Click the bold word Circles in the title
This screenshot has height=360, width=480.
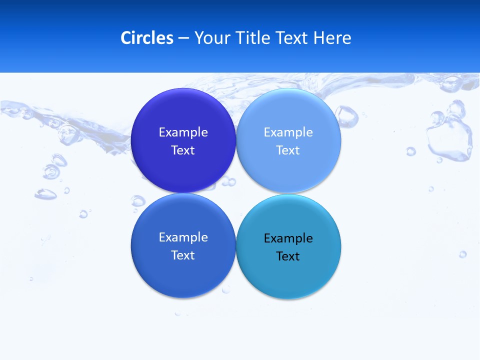[146, 38]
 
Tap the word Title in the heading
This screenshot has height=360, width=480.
[254, 38]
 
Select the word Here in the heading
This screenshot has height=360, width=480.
[332, 38]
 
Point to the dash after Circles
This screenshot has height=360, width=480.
[183, 38]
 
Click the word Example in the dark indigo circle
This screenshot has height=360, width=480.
[183, 132]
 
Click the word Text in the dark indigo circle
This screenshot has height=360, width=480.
[183, 150]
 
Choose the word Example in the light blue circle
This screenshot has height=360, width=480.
[288, 132]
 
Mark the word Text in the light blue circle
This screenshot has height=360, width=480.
[288, 150]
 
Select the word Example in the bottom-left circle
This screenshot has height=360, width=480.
[183, 237]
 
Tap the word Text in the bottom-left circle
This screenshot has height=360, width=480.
[183, 255]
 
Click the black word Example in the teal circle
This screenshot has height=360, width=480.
[288, 238]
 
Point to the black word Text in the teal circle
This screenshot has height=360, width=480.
[288, 256]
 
